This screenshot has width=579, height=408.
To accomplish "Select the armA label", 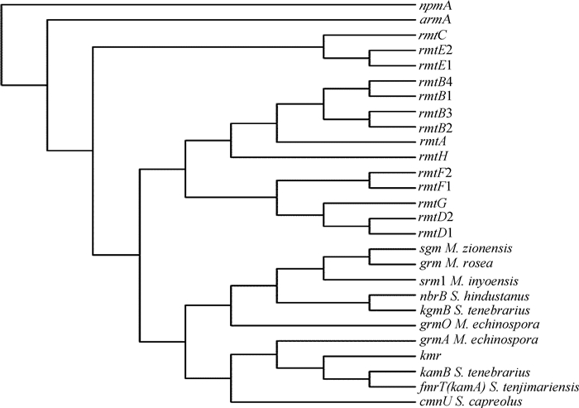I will (x=430, y=21).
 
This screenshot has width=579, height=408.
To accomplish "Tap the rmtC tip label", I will (x=430, y=36).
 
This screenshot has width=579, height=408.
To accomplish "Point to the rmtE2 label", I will (x=433, y=50).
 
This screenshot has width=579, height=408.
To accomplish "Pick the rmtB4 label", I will (x=433, y=82).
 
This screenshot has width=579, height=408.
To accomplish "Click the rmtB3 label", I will (x=433, y=113).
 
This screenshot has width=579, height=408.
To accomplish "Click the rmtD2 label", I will (x=434, y=218).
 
